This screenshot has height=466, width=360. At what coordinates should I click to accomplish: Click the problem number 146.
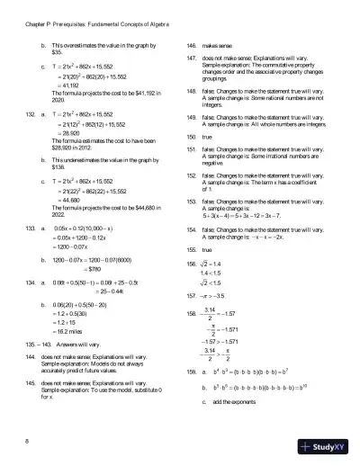(x=191, y=44)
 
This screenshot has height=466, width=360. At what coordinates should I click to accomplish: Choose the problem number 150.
(x=191, y=137)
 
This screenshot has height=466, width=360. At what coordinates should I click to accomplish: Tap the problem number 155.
(x=191, y=247)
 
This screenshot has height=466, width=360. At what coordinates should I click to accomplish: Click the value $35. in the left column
(x=56, y=53)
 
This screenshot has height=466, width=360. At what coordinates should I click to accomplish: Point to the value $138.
(x=58, y=166)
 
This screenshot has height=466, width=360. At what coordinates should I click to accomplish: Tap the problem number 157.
(x=191, y=293)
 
